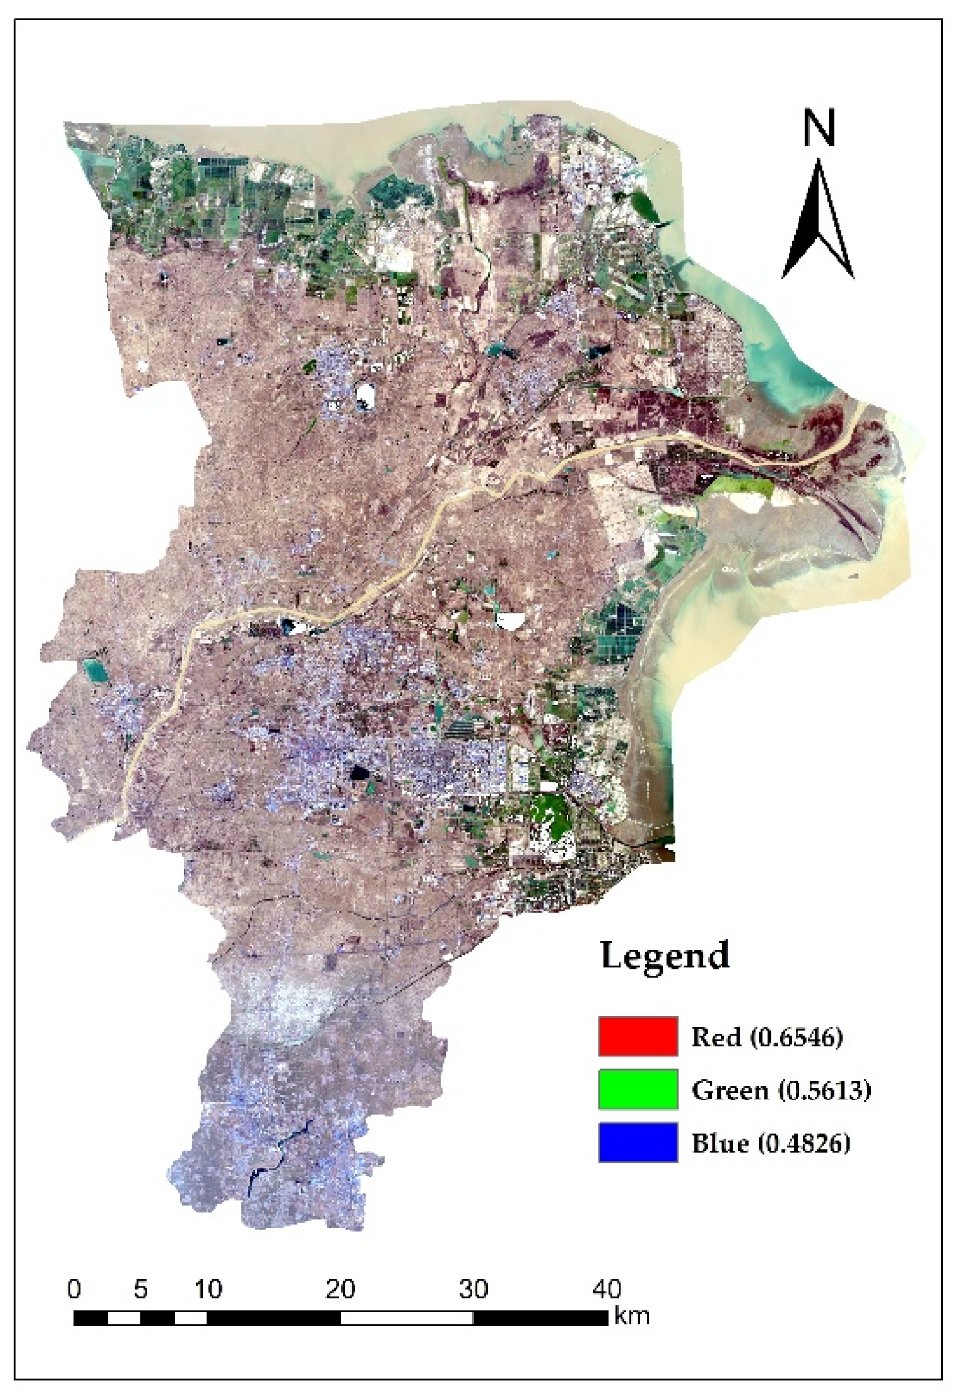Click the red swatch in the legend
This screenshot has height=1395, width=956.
coord(638,1036)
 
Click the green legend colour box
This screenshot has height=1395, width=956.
coord(638,1089)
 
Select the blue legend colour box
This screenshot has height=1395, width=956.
coord(638,1142)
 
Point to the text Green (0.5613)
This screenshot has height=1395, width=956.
coord(781,1090)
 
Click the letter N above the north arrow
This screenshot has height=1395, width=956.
coord(819,128)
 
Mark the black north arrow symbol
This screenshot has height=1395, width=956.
coord(818,225)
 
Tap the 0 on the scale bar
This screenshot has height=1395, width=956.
coord(74,1288)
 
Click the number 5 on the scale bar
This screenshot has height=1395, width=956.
coord(141,1288)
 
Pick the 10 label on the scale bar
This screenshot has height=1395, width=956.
coord(208,1288)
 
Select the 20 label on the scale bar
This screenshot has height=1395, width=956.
coord(340,1288)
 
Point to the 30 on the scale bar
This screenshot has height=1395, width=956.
coord(474,1288)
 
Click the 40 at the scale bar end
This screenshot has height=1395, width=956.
coord(606,1288)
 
